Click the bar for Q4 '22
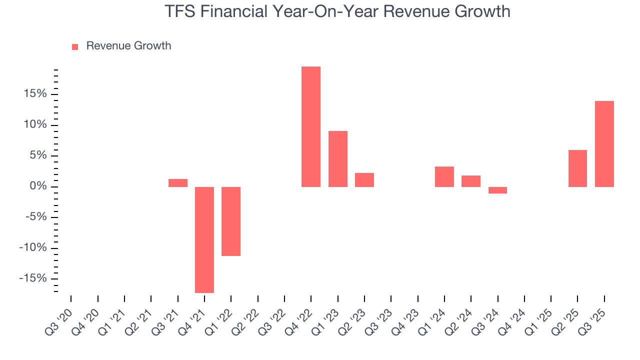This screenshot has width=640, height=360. tap(311, 126)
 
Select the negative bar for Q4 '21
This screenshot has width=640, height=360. tap(204, 239)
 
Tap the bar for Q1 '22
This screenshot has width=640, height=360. tap(231, 221)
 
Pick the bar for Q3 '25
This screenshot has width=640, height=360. tap(604, 144)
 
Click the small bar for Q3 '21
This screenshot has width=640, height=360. tap(178, 183)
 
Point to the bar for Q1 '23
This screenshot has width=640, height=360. tap(338, 159)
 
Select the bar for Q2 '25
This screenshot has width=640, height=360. tap(577, 168)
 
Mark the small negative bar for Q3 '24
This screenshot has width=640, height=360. tap(497, 190)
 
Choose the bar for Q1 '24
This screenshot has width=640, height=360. tap(444, 176)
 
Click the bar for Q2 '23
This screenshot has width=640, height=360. tap(364, 180)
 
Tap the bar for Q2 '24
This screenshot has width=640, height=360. tap(471, 181)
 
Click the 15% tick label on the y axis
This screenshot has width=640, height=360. tap(34, 94)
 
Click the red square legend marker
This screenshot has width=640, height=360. tap(75, 47)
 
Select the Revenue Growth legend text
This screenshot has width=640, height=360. tap(128, 46)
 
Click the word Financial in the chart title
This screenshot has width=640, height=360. tap(234, 11)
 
